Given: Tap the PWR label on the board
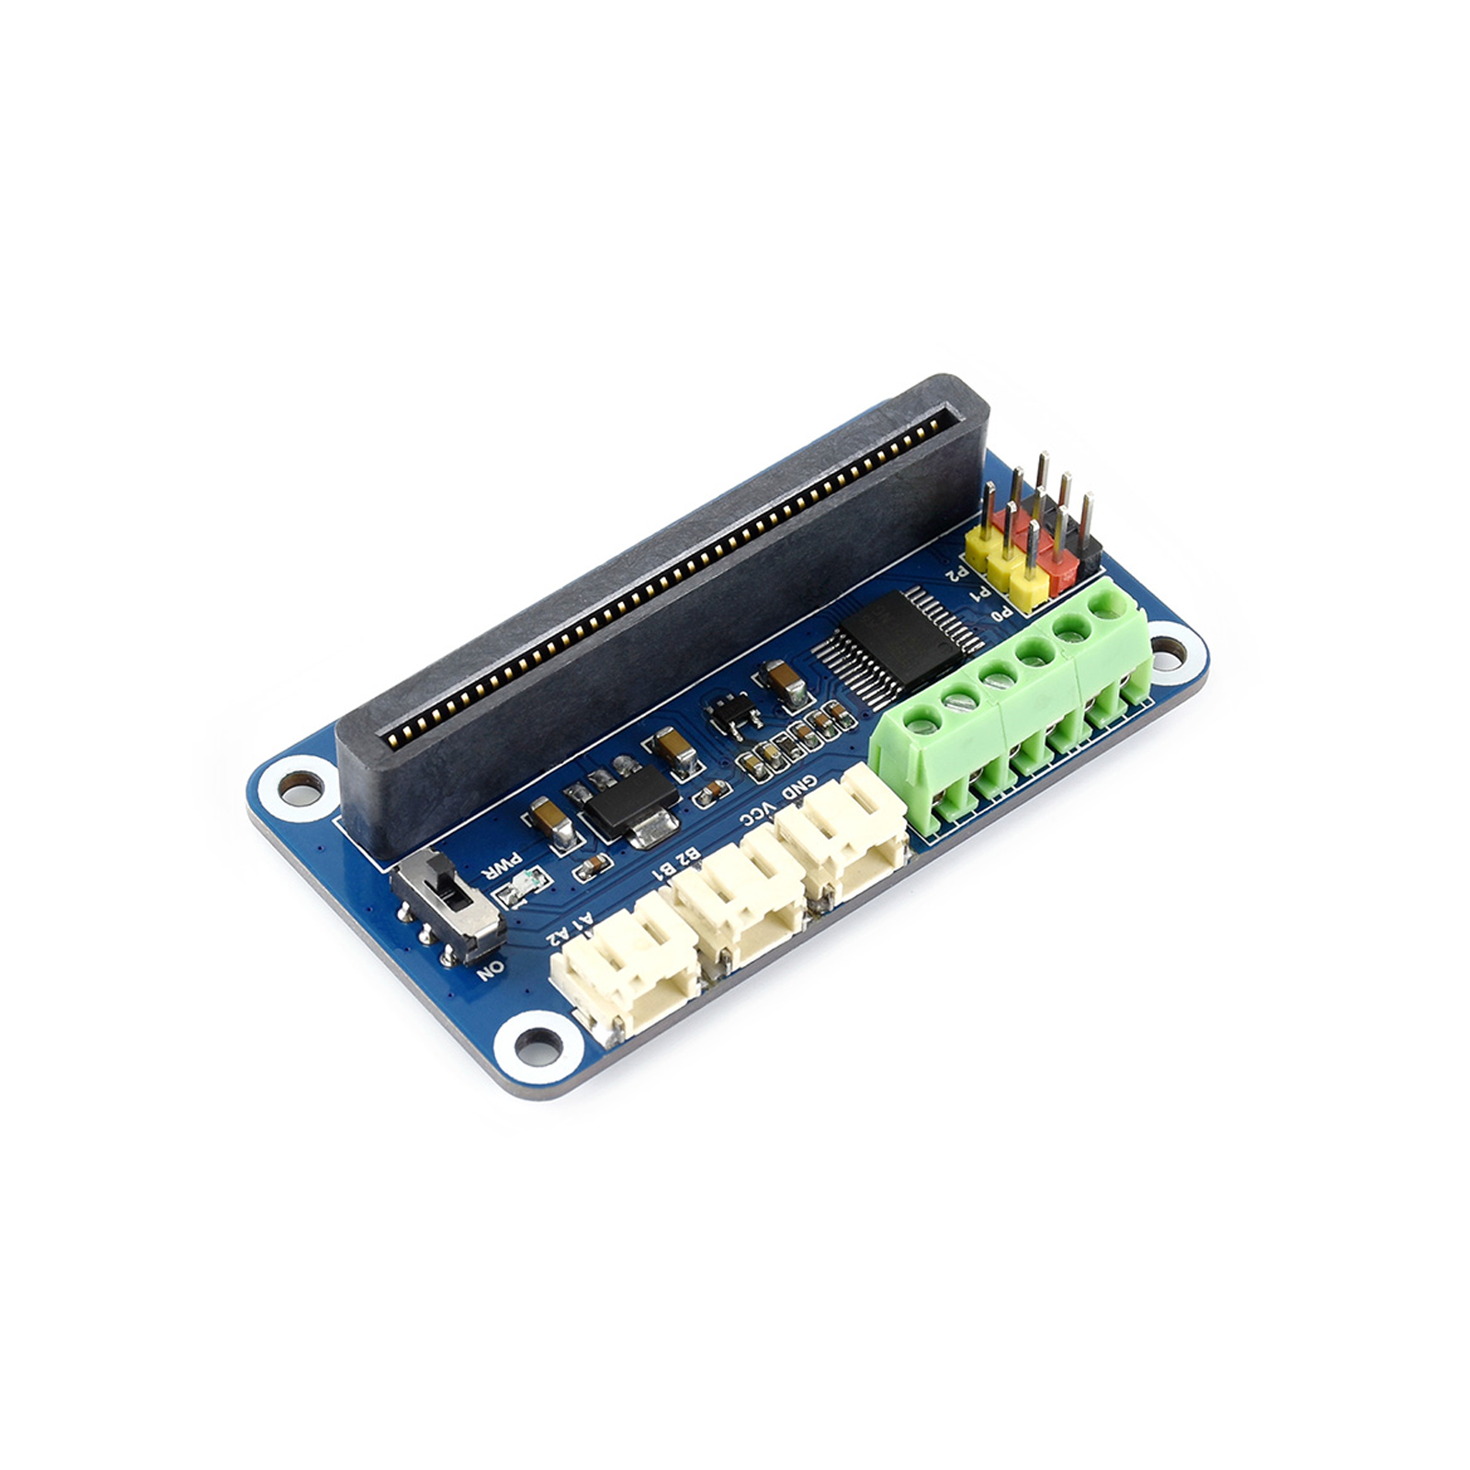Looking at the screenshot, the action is (497, 867).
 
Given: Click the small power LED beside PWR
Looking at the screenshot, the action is (521, 888).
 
